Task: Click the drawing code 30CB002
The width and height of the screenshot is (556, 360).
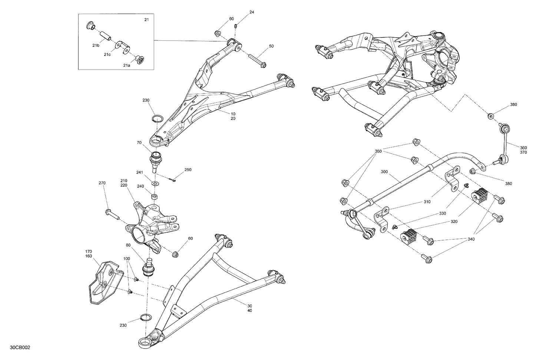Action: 21,348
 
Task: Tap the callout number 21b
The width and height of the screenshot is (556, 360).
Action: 96,45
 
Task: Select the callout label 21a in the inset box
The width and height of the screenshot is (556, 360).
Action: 127,65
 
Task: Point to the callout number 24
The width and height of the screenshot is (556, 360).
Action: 252,12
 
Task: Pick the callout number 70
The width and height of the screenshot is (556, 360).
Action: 139,142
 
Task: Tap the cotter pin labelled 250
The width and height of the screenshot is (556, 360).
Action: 173,179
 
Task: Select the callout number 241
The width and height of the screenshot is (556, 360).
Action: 139,172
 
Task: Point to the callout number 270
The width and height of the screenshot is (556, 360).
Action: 102,183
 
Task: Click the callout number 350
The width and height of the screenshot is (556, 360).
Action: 378,151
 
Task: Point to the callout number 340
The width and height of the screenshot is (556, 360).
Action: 471,239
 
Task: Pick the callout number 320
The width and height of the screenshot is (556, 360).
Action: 454,221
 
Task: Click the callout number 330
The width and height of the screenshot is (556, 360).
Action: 443,214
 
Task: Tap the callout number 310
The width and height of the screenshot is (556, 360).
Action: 427,202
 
